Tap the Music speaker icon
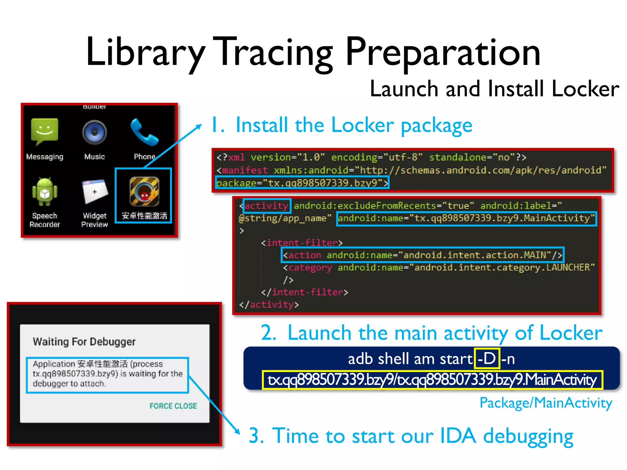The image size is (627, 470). point(95,132)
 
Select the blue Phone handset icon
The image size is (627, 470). point(144,132)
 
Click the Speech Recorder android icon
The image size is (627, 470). point(45,192)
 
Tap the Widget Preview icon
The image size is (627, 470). point(95,192)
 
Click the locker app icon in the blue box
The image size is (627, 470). point(144,192)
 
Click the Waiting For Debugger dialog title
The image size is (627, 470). point(84,341)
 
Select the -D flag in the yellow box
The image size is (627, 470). point(486,358)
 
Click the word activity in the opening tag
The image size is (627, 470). point(266,206)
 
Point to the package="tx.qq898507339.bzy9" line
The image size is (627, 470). point(302,183)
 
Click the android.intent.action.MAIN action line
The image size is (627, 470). point(422,255)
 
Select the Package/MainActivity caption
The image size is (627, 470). point(545,403)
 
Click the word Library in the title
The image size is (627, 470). point(145,52)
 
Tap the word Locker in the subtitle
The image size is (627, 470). point(585,89)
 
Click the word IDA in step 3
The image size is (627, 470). point(458,435)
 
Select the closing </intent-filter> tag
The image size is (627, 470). point(304,292)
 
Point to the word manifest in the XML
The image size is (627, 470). point(245,170)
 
